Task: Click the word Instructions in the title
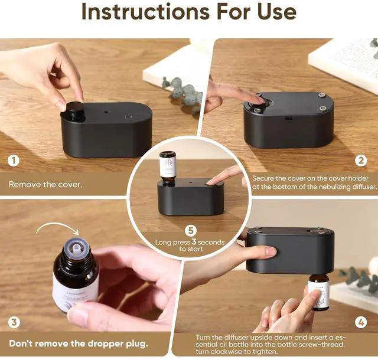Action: tap(146, 11)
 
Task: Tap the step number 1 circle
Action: tap(14, 161)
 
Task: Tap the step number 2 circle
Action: tap(361, 161)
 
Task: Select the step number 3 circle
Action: tap(14, 322)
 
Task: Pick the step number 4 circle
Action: tap(361, 322)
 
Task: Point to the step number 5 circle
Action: tap(191, 231)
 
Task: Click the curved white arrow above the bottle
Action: tap(58, 228)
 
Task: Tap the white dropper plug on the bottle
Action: tap(76, 246)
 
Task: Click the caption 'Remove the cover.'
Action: tap(45, 185)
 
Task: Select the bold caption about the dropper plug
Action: tap(79, 343)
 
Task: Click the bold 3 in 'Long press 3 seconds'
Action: tap(194, 242)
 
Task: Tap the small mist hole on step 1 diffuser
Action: tap(106, 112)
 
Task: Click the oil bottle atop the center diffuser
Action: tap(167, 169)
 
